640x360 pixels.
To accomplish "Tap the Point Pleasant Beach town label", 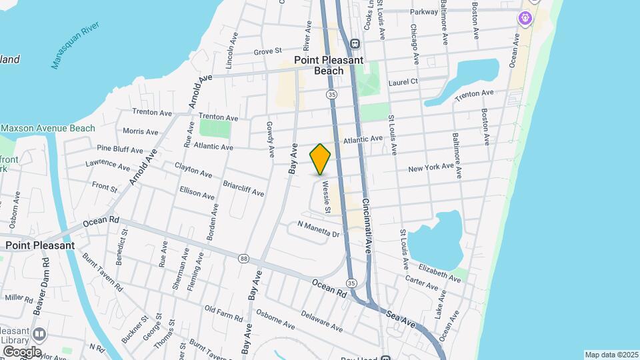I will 329,65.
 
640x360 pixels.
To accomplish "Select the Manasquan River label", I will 74,45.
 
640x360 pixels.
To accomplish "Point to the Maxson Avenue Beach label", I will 48,128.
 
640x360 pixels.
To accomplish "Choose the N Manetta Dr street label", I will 318,230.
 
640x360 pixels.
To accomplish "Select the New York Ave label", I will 431,167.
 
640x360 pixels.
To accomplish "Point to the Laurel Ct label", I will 405,81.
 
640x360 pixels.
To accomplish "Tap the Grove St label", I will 268,51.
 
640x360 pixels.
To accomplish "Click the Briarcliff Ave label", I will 243,189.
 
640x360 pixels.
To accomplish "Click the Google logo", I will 21,351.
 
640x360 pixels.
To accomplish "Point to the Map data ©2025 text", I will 611,355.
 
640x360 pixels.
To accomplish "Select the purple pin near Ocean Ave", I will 526,17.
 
